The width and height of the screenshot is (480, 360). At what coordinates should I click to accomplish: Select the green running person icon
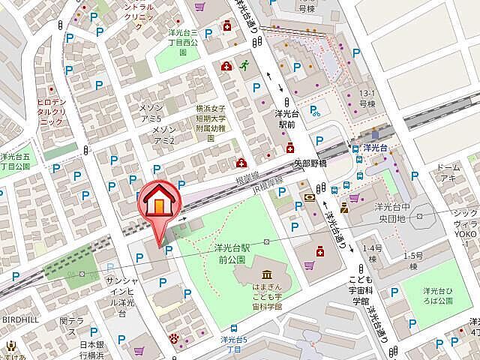pos(243,65)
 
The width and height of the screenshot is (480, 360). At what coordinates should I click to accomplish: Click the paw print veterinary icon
pos(177,338)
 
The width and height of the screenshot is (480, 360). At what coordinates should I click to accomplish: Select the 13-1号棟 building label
pos(367,99)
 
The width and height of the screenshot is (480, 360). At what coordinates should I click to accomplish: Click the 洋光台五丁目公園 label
pos(15,161)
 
